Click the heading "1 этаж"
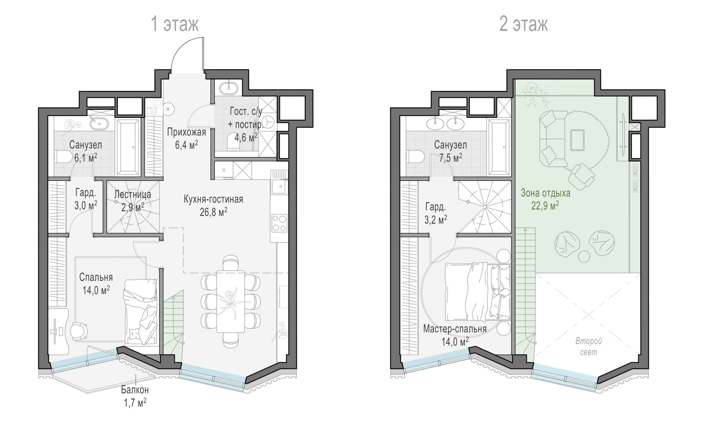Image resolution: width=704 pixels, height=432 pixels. (175, 24)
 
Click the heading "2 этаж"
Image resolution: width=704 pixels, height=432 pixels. (524, 24)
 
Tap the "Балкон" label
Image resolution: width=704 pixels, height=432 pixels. (135, 390)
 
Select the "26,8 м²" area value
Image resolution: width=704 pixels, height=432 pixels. (213, 212)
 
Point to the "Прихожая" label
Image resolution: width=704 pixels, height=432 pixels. (186, 132)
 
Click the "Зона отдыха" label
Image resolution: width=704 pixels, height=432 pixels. (545, 193)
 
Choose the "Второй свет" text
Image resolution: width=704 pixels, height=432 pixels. (589, 347)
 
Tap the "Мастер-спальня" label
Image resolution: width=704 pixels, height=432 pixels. (455, 329)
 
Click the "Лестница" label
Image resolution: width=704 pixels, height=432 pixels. (133, 194)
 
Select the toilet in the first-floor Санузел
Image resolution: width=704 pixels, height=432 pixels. (63, 157)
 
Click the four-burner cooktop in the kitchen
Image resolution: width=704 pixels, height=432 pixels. (279, 224)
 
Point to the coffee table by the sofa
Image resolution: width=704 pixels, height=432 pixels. (577, 140)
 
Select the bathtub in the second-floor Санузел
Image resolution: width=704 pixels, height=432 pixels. (499, 147)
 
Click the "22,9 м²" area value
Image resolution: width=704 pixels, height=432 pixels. (545, 206)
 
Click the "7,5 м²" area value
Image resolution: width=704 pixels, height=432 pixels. (450, 157)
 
